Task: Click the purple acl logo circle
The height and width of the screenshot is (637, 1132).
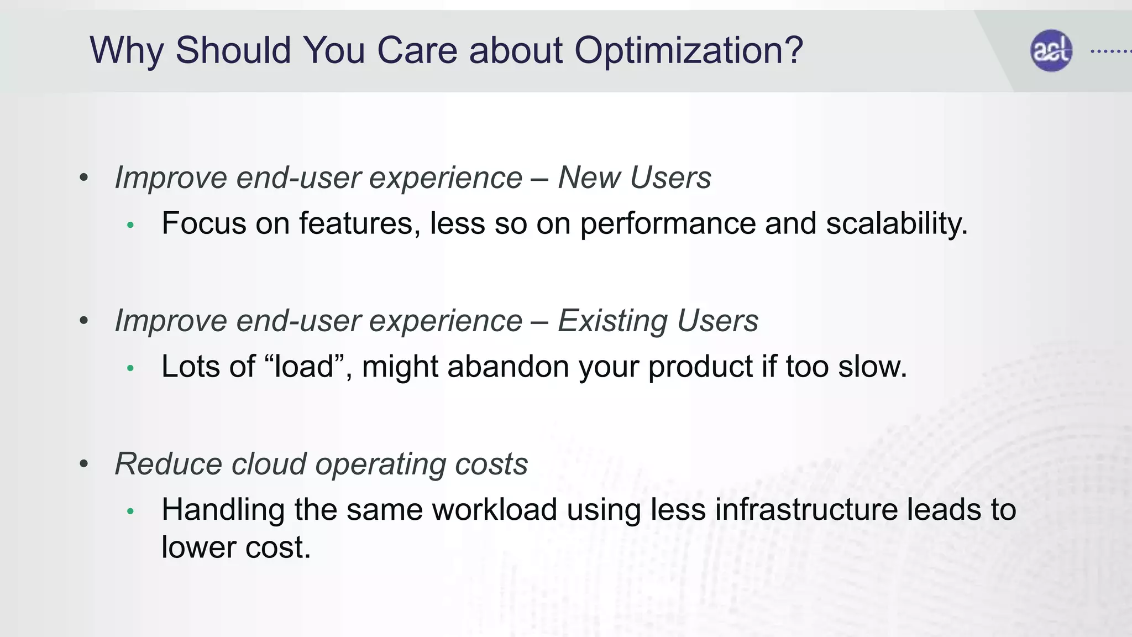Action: (x=1051, y=50)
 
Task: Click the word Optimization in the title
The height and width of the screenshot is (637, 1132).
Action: (x=688, y=51)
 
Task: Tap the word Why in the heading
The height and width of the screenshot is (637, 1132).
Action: (x=127, y=51)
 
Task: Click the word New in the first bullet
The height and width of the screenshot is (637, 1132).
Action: (x=589, y=178)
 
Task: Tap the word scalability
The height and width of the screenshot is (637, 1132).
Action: (x=896, y=224)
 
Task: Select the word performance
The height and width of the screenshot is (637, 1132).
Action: (x=667, y=224)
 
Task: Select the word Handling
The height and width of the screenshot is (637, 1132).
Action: (x=223, y=510)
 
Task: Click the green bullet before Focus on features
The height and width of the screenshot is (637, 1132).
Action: (x=130, y=225)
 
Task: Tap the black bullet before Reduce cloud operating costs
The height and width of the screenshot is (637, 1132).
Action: (x=84, y=463)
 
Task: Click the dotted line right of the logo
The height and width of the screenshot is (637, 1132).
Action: (x=1110, y=51)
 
